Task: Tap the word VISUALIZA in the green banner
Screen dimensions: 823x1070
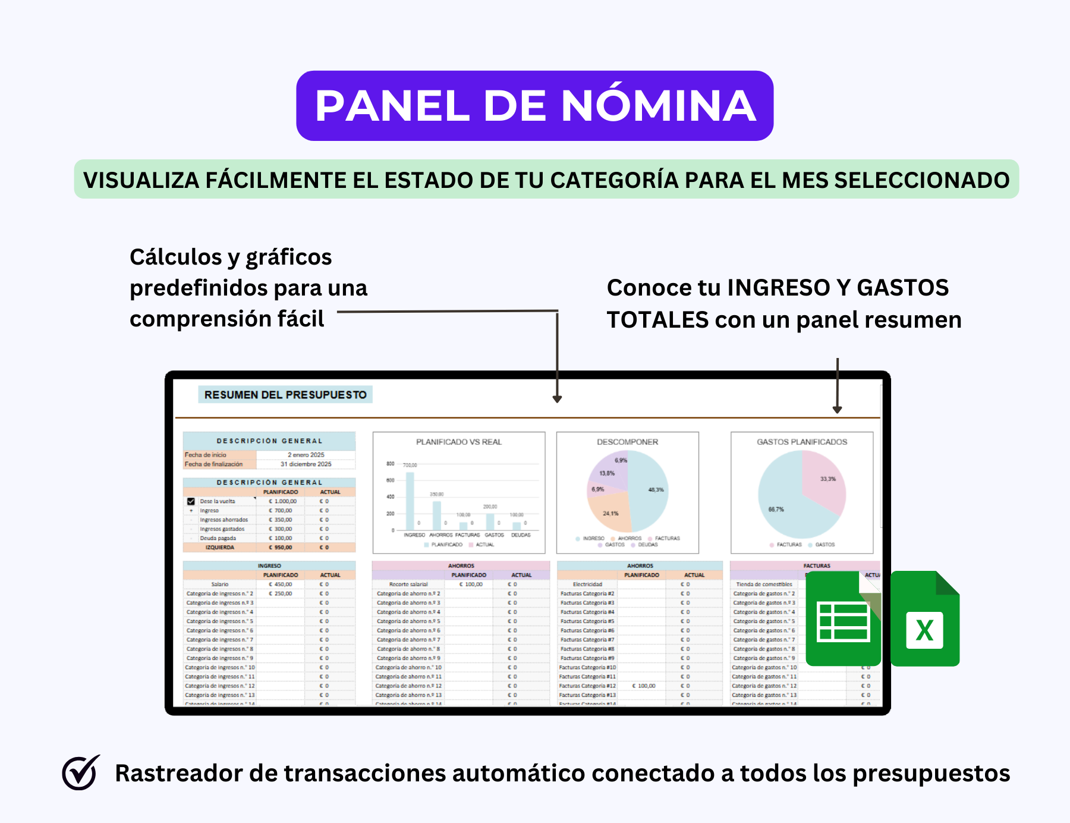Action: pos(141,180)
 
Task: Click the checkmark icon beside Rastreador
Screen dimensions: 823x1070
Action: pos(80,772)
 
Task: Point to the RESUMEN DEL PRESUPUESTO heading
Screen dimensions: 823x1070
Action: pos(285,395)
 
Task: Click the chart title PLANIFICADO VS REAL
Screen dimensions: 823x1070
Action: pos(459,442)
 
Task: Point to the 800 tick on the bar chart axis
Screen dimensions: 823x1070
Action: pos(390,463)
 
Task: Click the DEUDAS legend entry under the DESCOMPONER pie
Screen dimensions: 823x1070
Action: pos(647,545)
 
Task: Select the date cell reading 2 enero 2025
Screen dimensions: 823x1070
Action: pos(306,455)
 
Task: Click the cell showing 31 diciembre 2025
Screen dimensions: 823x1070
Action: pos(306,464)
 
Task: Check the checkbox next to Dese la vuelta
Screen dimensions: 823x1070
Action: pos(191,501)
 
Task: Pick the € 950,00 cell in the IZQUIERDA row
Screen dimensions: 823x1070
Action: pos(281,548)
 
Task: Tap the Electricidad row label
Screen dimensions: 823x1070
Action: pos(587,585)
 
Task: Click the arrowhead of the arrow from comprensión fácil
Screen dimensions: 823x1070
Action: pos(557,399)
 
